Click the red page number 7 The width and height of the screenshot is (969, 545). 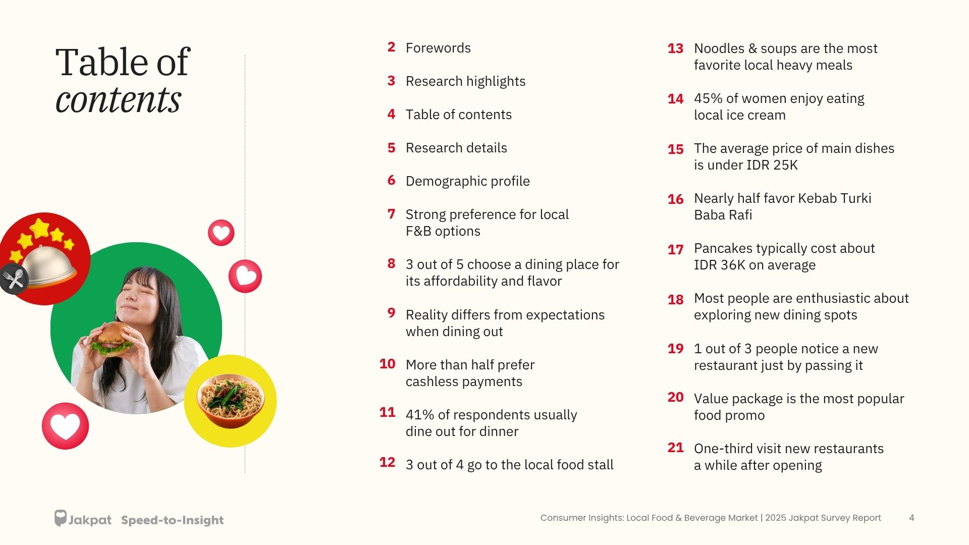point(391,214)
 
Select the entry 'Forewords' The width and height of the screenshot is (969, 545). point(438,48)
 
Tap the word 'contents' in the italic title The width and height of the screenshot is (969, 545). point(118,99)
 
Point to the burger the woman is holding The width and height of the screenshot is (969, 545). point(112,337)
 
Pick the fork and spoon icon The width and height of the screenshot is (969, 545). point(14,279)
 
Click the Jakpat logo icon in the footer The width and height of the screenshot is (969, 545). point(61,518)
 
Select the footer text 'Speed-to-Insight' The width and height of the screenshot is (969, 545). point(172,520)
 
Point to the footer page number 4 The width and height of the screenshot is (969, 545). point(911,518)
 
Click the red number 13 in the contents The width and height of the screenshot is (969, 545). point(675,48)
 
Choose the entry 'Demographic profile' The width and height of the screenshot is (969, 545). point(467,181)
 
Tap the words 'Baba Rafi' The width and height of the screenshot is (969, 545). point(723,215)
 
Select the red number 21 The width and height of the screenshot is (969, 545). point(675,448)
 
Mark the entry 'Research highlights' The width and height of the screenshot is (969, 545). point(465,81)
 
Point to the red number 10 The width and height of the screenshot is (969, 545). point(387,364)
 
